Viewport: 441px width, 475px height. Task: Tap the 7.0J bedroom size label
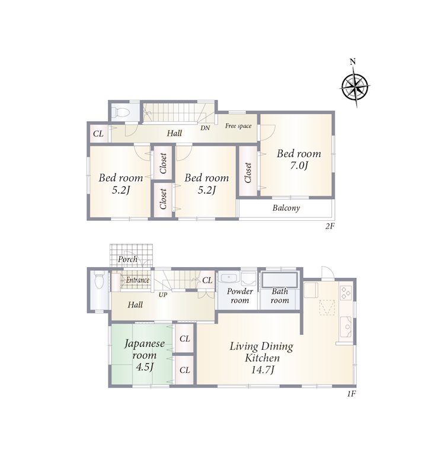pyautogui.click(x=299, y=166)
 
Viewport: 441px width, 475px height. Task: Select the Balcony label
pyautogui.click(x=286, y=208)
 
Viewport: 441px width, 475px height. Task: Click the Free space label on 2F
pyautogui.click(x=238, y=126)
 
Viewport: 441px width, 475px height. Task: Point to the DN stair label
pyautogui.click(x=205, y=128)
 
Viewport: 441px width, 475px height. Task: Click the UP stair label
pyautogui.click(x=163, y=294)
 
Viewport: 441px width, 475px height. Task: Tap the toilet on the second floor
pyautogui.click(x=120, y=112)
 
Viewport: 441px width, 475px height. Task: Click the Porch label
pyautogui.click(x=127, y=259)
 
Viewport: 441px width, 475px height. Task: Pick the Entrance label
pyautogui.click(x=138, y=280)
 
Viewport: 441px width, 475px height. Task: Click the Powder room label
pyautogui.click(x=239, y=296)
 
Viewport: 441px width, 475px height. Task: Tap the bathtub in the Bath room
pyautogui.click(x=280, y=280)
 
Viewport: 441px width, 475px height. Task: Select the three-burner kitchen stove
pyautogui.click(x=346, y=293)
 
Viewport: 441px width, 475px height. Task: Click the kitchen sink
pyautogui.click(x=346, y=327)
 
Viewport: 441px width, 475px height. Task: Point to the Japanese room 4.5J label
pyautogui.click(x=144, y=355)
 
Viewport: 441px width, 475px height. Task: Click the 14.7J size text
pyautogui.click(x=263, y=370)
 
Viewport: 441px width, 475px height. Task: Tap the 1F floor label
pyautogui.click(x=351, y=394)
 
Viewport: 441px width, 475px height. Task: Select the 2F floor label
pyautogui.click(x=330, y=226)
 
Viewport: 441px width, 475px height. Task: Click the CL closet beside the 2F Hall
pyautogui.click(x=98, y=134)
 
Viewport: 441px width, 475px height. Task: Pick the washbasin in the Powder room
pyautogui.click(x=229, y=278)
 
